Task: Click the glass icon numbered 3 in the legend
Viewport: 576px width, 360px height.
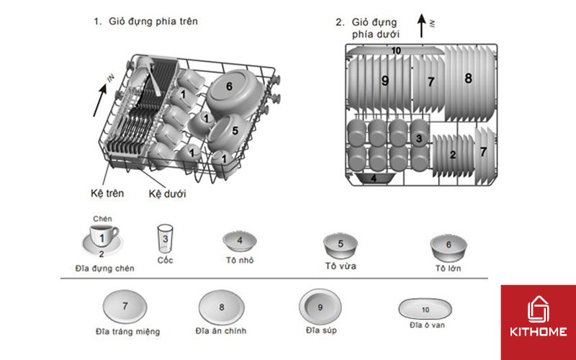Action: pos(166,238)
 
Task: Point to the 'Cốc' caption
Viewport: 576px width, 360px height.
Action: pos(166,260)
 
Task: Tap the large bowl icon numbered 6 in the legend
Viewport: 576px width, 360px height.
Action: pos(447,246)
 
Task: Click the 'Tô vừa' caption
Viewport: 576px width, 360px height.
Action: pos(341,266)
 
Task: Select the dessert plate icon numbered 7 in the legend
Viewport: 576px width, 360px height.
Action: pos(125,307)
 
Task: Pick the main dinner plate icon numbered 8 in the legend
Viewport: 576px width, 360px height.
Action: pos(222,307)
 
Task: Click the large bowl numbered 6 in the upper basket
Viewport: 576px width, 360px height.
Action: pos(229,87)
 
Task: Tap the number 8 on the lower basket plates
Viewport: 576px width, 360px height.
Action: pos(468,78)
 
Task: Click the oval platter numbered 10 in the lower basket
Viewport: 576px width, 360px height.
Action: pos(395,50)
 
